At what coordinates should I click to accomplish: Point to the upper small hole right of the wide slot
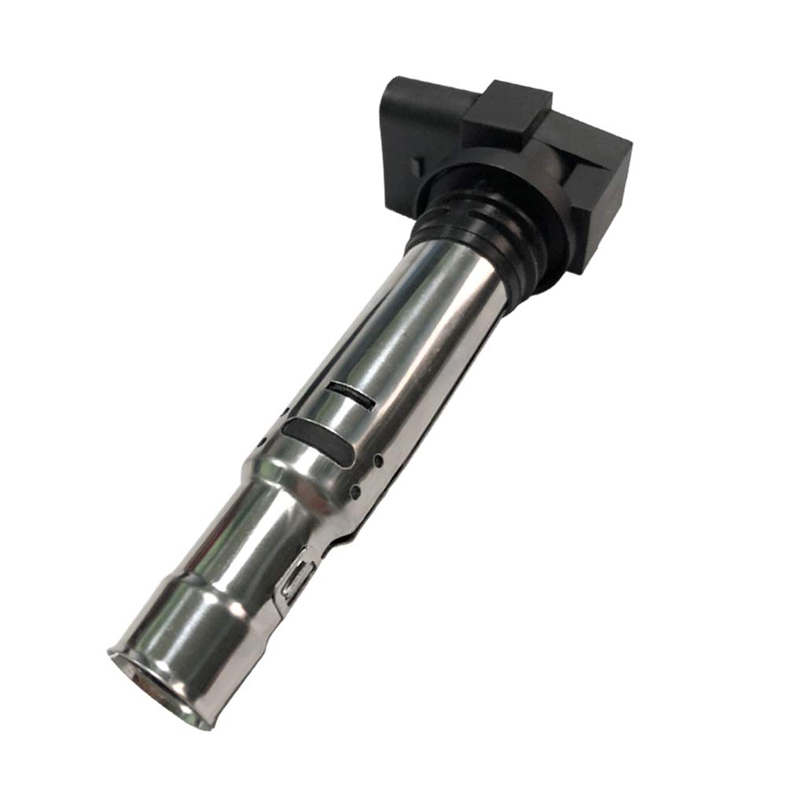pyautogui.click(x=379, y=457)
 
